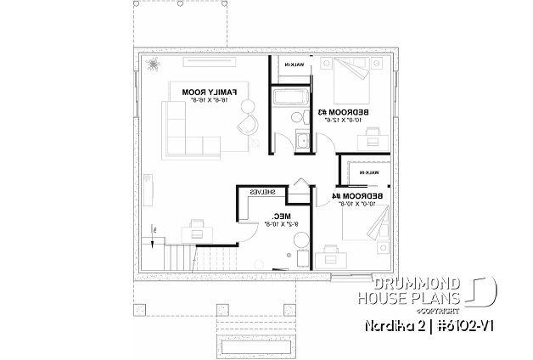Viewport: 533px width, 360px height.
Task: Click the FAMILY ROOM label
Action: coord(215,92)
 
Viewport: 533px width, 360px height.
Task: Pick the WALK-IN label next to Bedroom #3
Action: coord(292,65)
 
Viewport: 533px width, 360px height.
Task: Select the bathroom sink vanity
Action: coord(303,141)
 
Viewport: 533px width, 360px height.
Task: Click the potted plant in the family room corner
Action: coord(153,65)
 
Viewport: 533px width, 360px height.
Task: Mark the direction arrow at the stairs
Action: coord(154,231)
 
